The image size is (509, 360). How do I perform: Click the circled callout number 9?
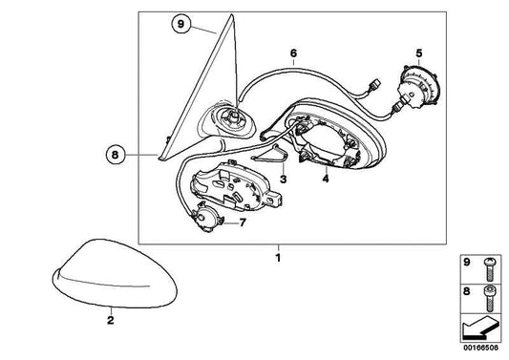coord(180,24)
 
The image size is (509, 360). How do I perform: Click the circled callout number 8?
coord(116,155)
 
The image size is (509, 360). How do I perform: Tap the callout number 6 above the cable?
coord(293,53)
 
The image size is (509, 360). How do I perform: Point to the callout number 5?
coord(419,53)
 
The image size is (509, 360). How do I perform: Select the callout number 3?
coord(283,179)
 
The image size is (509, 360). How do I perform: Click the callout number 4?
coord(326,179)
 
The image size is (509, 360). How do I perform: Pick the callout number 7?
coord(243,222)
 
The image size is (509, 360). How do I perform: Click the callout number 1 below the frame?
coord(278,258)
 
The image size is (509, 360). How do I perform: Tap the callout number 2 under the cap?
coord(111,320)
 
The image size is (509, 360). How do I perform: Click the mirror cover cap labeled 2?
coord(114,274)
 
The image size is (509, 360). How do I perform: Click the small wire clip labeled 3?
coord(270,154)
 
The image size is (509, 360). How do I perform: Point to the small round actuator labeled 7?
coord(205,217)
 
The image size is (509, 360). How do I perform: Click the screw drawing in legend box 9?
coord(489,268)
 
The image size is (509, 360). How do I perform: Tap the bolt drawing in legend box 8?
coord(489,298)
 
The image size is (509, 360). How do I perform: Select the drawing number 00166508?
coord(480,348)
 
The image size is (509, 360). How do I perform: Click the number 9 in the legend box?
coord(466,262)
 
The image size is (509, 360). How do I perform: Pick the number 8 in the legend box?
coord(466,291)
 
